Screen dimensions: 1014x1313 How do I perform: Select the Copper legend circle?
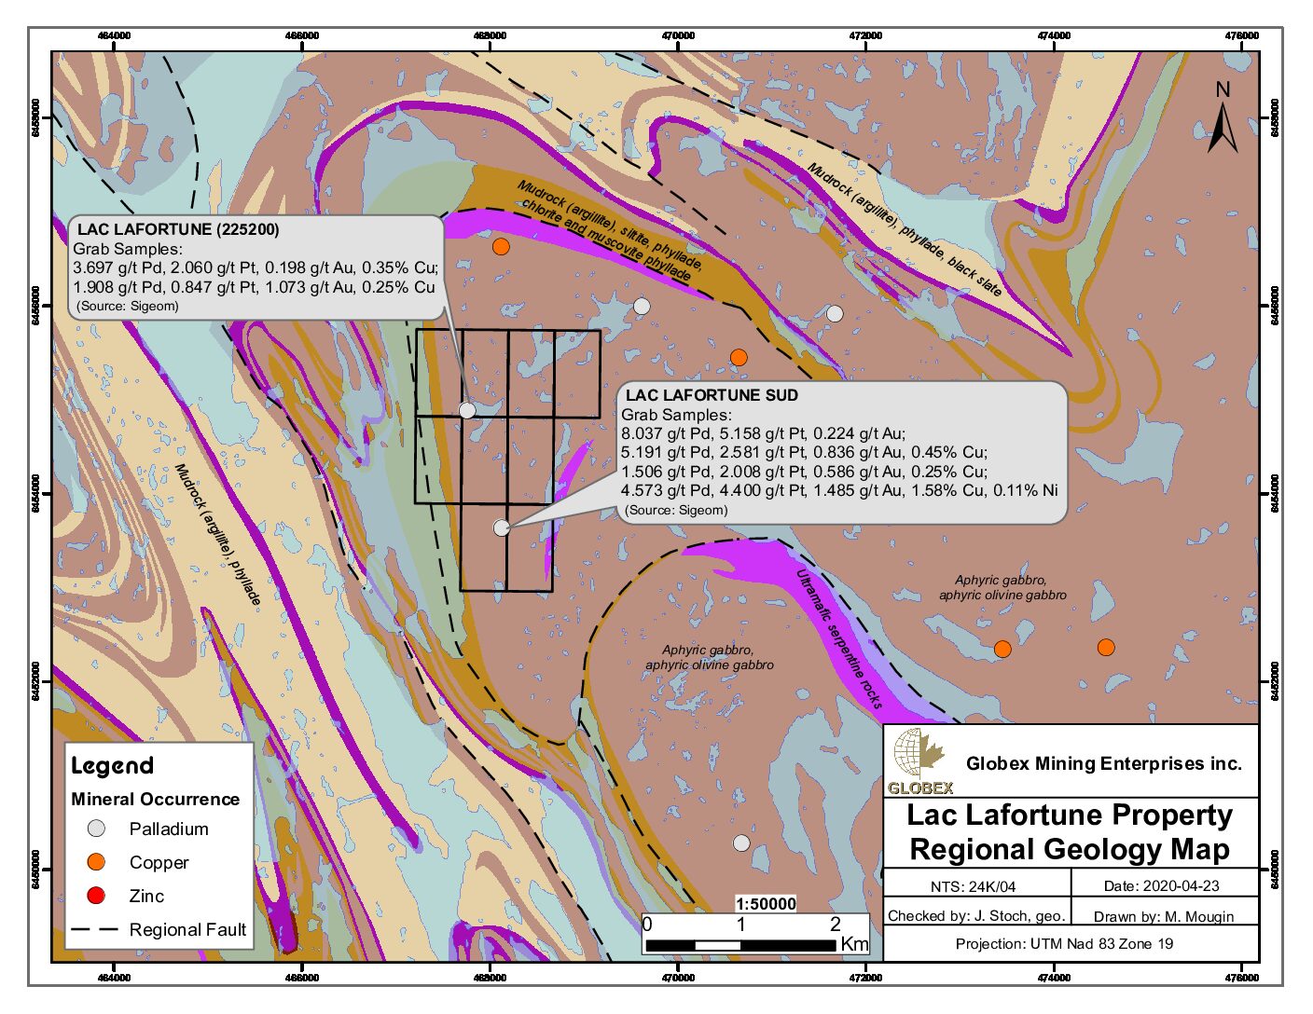coord(96,862)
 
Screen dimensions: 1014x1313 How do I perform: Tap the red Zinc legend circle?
coord(96,896)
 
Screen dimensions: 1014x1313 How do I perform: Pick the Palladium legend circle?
coord(96,829)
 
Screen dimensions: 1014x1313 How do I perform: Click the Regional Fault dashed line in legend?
coord(95,929)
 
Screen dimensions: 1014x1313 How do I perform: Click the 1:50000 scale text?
coord(766,903)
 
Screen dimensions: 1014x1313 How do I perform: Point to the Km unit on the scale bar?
coord(854,944)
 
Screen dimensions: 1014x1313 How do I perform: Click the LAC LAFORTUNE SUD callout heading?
coord(712,395)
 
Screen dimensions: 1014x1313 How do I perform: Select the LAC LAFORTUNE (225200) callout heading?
coord(178,229)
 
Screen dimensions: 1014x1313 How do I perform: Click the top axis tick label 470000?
coord(678,35)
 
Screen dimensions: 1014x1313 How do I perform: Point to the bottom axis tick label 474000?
coord(1054,978)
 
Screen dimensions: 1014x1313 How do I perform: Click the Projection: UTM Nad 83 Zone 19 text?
coord(1064,944)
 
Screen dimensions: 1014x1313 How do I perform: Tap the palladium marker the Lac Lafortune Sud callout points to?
coord(502,528)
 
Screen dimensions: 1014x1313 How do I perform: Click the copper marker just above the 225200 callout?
coord(501,247)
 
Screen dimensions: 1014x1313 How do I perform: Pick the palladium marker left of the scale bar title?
coord(741,843)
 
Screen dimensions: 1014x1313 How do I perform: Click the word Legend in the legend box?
coord(112,766)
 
